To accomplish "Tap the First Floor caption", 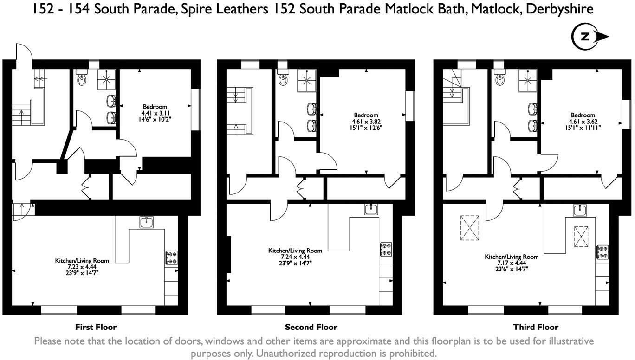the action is point(96,328).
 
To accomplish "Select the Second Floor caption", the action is point(311,328).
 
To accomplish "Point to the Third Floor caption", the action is point(536,328).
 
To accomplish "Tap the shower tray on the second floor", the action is point(306,80).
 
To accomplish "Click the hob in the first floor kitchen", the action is point(171,258).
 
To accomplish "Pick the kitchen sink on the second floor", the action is point(371,209).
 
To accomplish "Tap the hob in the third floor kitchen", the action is point(602,252).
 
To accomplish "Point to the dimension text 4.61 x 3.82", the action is point(366,122).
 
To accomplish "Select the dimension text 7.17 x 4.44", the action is point(512,263).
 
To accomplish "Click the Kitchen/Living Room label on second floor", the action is point(295,251).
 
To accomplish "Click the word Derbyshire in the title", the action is point(560,9).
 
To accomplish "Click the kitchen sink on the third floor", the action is point(580,210).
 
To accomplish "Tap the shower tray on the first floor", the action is point(107,80).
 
